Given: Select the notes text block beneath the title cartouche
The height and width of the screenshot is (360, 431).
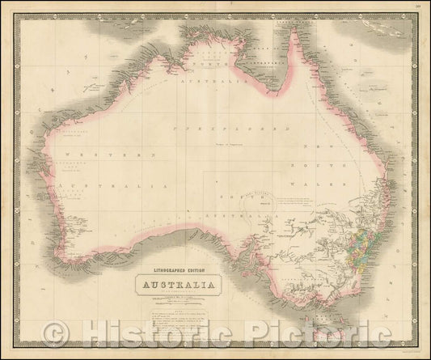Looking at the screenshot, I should (x=174, y=311).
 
